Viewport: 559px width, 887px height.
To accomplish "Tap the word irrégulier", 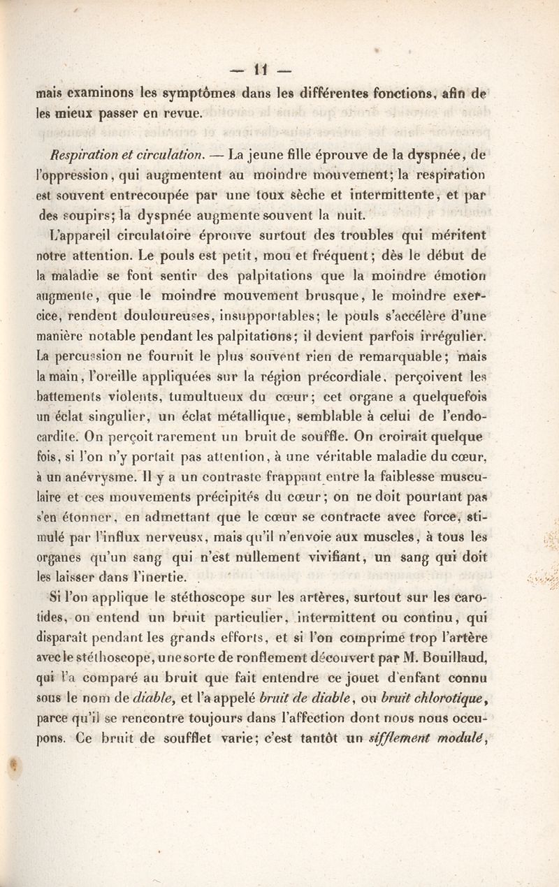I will [489, 331].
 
